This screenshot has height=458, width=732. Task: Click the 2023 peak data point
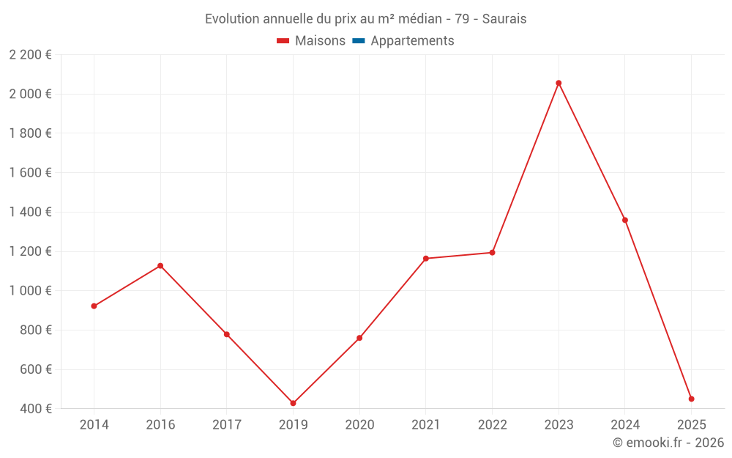pyautogui.click(x=559, y=83)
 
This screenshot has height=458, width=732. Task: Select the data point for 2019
pyautogui.click(x=293, y=403)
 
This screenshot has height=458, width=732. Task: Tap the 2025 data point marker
pyautogui.click(x=691, y=399)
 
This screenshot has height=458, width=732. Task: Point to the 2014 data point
pyautogui.click(x=94, y=306)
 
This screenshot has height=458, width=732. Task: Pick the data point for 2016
pyautogui.click(x=160, y=265)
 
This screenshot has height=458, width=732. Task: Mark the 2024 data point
pyautogui.click(x=625, y=220)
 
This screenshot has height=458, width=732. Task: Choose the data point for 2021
pyautogui.click(x=426, y=258)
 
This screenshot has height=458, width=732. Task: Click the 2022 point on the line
pyautogui.click(x=492, y=252)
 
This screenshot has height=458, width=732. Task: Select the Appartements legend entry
pyautogui.click(x=412, y=41)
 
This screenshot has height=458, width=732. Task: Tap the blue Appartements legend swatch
pyautogui.click(x=359, y=41)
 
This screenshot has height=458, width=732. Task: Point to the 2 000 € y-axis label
pyautogui.click(x=30, y=94)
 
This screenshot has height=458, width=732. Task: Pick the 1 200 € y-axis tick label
pyautogui.click(x=30, y=251)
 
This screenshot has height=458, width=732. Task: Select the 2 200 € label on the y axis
pyautogui.click(x=30, y=54)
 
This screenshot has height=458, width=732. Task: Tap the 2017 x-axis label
pyautogui.click(x=226, y=424)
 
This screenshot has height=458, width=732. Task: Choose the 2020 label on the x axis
pyautogui.click(x=359, y=424)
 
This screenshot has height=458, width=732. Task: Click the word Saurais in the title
pyautogui.click(x=504, y=19)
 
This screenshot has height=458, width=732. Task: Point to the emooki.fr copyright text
pyautogui.click(x=668, y=443)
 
